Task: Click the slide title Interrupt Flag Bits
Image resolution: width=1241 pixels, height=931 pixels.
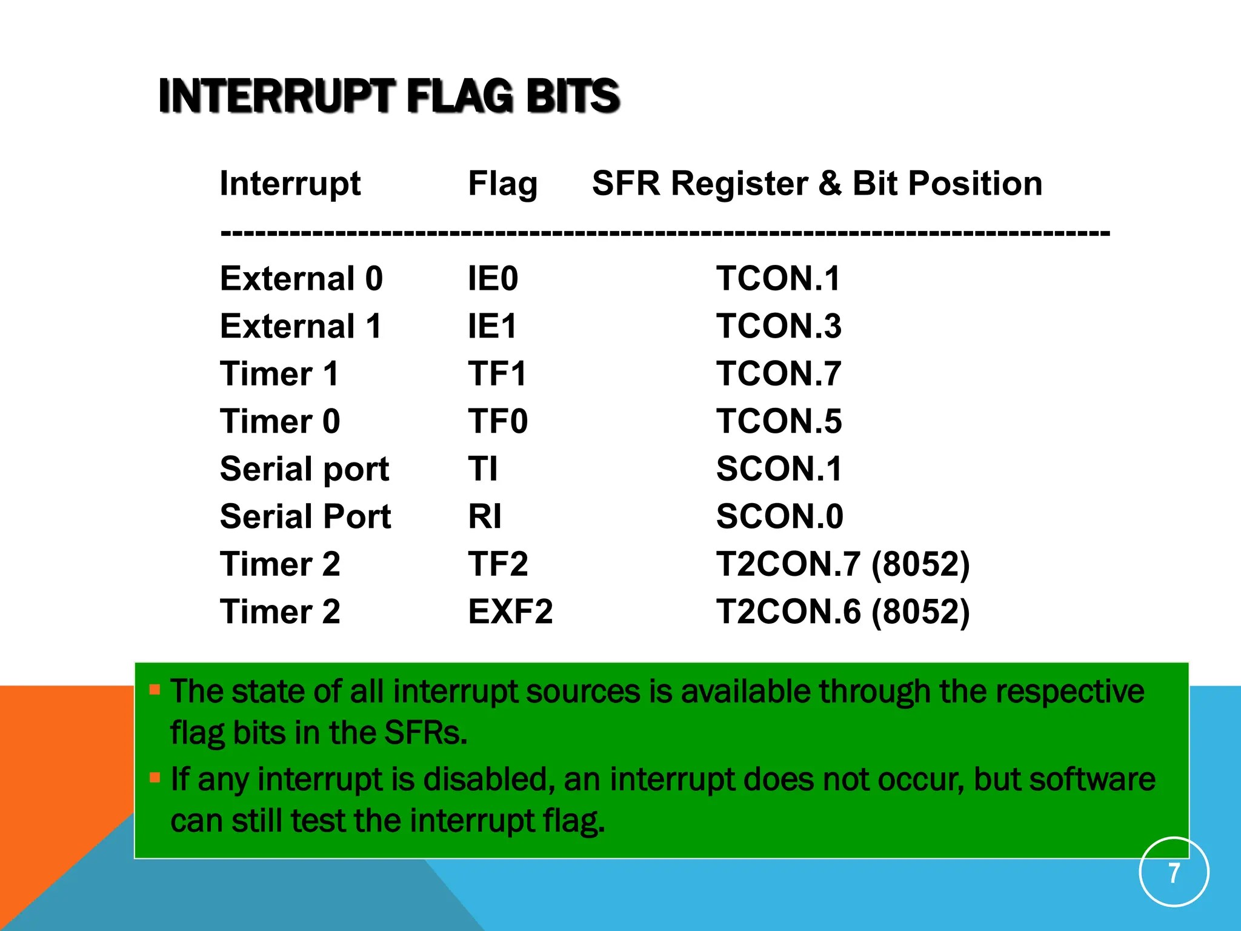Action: [388, 96]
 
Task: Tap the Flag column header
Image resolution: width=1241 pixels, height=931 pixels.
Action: [502, 183]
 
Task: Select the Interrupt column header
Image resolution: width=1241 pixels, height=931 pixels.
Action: [290, 183]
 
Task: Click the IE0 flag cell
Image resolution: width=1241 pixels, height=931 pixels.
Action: [493, 279]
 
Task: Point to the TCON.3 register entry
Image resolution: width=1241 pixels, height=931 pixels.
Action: [779, 326]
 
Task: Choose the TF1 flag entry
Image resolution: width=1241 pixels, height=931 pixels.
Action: [497, 373]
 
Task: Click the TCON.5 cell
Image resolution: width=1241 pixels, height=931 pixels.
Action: [779, 421]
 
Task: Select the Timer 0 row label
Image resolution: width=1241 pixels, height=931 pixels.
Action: [280, 421]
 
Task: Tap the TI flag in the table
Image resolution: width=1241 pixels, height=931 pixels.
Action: [482, 469]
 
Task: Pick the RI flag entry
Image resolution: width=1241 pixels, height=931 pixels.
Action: [484, 516]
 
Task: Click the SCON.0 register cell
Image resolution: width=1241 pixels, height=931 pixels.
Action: [779, 516]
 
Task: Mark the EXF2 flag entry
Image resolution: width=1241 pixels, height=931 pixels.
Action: [510, 612]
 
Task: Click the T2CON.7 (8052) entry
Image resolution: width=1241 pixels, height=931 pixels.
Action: [842, 564]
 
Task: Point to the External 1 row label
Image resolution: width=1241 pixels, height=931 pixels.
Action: [301, 326]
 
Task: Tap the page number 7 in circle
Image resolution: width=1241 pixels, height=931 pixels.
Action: [1174, 873]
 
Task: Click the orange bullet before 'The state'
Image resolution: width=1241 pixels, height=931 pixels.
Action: [155, 689]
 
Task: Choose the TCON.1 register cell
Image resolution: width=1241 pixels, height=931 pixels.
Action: [778, 279]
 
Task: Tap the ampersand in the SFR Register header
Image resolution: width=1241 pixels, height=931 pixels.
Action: [830, 183]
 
